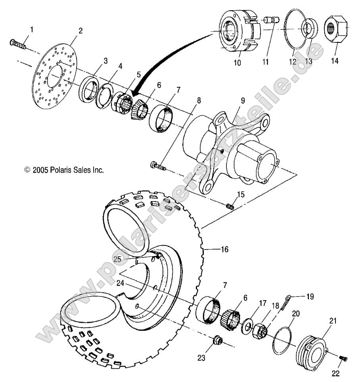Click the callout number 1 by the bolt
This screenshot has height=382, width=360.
pos(32,30)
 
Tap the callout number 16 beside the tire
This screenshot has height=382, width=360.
pos(224,250)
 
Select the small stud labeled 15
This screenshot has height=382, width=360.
pos(230,206)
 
